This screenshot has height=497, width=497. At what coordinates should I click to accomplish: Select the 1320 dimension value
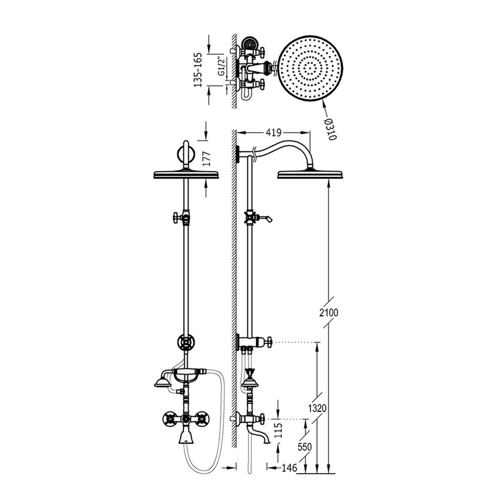click(318, 409)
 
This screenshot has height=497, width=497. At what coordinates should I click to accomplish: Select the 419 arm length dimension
click(274, 133)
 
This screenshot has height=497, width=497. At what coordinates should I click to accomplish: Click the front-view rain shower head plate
click(185, 175)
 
